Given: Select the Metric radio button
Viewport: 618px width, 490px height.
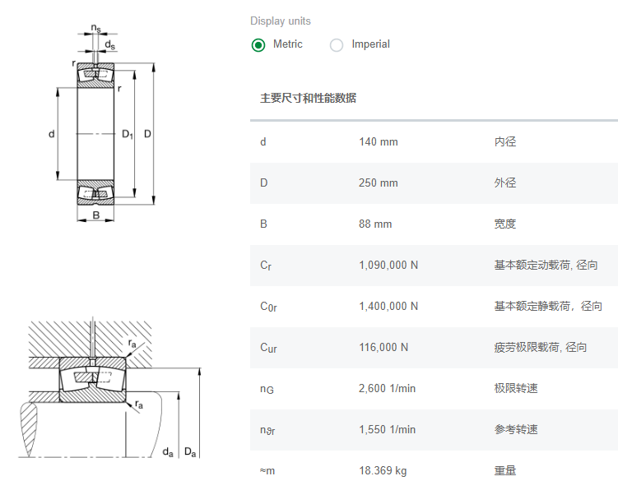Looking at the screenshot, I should (x=258, y=45).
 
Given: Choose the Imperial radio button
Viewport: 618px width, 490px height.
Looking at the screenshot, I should (x=337, y=45).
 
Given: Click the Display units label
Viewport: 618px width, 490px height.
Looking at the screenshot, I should (x=281, y=21).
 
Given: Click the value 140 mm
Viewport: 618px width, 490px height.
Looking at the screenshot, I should (x=378, y=141).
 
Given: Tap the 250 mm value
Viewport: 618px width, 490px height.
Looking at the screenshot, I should (x=378, y=183).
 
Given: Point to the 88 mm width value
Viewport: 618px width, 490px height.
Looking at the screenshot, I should (x=375, y=224).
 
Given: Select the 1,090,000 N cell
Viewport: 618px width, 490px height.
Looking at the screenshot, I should (x=388, y=265).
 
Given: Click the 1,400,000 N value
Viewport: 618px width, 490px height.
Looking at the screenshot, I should (x=388, y=306).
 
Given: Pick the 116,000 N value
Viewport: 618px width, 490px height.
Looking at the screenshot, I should (x=383, y=347).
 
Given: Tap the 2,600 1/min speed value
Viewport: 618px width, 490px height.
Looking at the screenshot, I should (x=387, y=388).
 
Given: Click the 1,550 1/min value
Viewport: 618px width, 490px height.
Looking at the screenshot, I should (x=387, y=429).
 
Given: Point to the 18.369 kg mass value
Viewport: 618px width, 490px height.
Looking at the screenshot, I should (x=383, y=470).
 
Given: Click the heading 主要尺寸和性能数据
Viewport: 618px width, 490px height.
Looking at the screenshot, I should (x=308, y=98).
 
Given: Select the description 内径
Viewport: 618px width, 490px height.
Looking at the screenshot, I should (x=505, y=141).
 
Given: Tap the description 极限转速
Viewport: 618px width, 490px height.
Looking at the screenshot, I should (x=516, y=388).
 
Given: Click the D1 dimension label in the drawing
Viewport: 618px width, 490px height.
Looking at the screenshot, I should (x=128, y=134).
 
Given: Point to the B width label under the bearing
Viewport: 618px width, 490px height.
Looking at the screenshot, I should (x=96, y=216).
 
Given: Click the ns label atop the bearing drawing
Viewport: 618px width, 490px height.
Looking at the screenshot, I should (x=96, y=30).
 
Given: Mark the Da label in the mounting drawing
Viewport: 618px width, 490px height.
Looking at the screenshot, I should (x=190, y=451).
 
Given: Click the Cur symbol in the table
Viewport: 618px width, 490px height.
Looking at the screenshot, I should (x=268, y=348).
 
